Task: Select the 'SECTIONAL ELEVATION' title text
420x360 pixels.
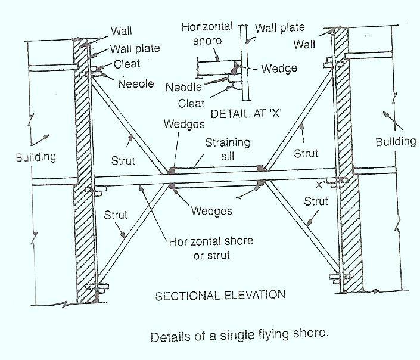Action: tap(220, 294)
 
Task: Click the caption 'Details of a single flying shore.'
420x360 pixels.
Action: tap(239, 334)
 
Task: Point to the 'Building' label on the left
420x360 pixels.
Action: tap(36, 157)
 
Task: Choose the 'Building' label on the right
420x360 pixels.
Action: tap(396, 141)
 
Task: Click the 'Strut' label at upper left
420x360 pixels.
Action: tap(123, 161)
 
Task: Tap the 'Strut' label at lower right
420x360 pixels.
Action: tap(316, 201)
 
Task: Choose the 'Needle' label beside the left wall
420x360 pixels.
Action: tap(135, 84)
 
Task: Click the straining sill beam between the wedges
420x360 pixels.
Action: tap(216, 169)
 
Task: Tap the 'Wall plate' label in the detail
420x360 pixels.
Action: tap(279, 27)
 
